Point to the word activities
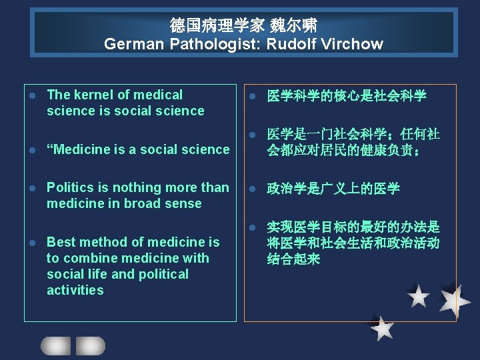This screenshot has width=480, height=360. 75,290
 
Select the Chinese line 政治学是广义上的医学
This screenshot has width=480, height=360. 333,189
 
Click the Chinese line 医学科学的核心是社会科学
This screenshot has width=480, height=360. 347,96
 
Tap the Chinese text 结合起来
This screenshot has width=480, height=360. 293,259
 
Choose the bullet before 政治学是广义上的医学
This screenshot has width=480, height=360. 253,189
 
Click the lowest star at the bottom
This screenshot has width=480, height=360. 382,327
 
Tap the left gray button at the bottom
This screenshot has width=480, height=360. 55,345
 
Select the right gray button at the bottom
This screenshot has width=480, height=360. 91,345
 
